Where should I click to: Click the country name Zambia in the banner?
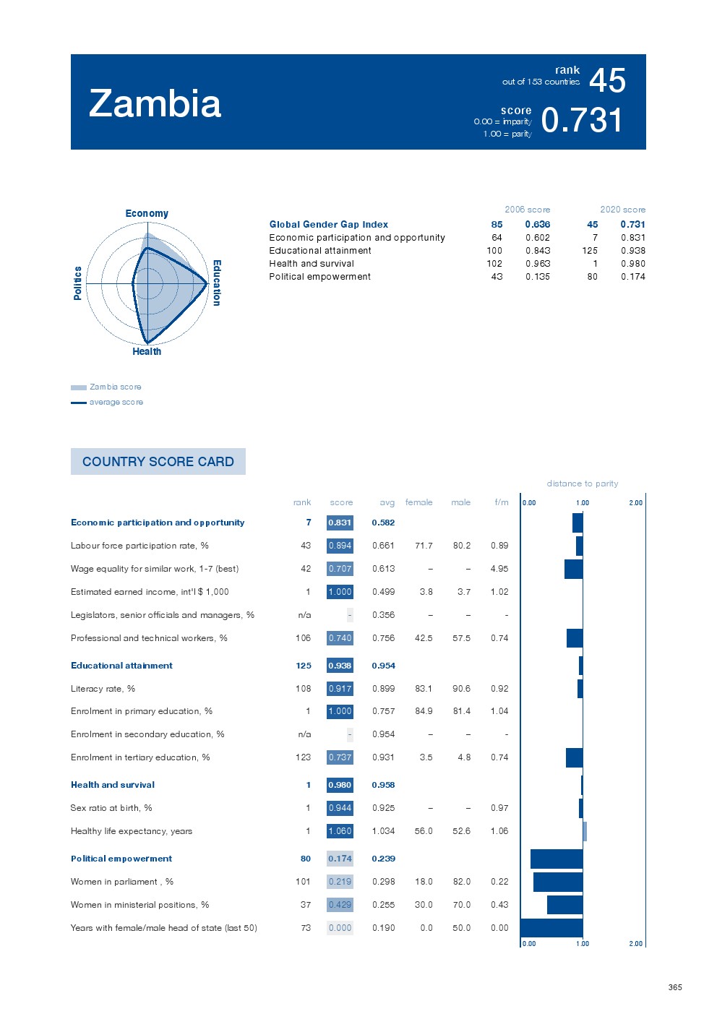pyautogui.click(x=155, y=104)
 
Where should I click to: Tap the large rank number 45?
pyautogui.click(x=607, y=80)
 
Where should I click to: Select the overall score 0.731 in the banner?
pyautogui.click(x=581, y=120)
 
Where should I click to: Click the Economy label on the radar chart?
pyautogui.click(x=147, y=213)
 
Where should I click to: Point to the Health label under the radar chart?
pyautogui.click(x=147, y=351)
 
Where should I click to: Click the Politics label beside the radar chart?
pyautogui.click(x=78, y=283)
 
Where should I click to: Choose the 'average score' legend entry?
pyautogui.click(x=116, y=402)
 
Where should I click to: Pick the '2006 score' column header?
pyautogui.click(x=527, y=210)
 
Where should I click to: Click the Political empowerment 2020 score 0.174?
pyautogui.click(x=632, y=277)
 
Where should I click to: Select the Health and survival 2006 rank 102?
pyautogui.click(x=494, y=264)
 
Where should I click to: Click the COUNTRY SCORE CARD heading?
pyautogui.click(x=158, y=462)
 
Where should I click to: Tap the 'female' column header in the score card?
pyautogui.click(x=418, y=502)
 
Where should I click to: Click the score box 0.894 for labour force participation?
pyautogui.click(x=340, y=546)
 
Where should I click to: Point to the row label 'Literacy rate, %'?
pyautogui.click(x=103, y=689)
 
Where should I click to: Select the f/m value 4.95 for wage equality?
pyautogui.click(x=499, y=569)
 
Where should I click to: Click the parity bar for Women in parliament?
pyautogui.click(x=557, y=882)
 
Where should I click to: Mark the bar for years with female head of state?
pyautogui.click(x=551, y=928)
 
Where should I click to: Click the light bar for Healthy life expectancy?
pyautogui.click(x=585, y=831)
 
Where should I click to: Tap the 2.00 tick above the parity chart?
pyautogui.click(x=635, y=502)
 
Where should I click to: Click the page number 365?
pyautogui.click(x=675, y=987)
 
